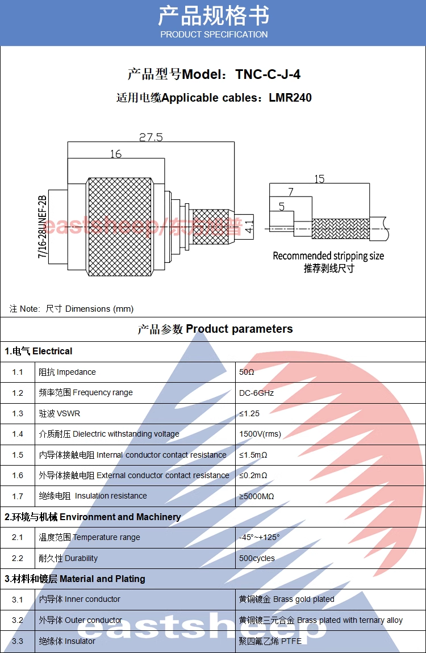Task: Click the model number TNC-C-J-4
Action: coord(268,74)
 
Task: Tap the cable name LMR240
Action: coord(290,98)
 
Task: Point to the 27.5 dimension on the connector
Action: coord(151,137)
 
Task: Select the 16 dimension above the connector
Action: coord(116,154)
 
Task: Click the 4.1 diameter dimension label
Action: coord(250,225)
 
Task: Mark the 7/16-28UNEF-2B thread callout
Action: coord(42,227)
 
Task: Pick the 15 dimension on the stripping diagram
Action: coord(319,179)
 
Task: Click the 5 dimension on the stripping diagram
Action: coord(282,207)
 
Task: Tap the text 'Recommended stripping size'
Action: coord(328,256)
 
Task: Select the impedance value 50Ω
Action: coord(247,372)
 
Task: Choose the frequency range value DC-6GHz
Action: coord(257,393)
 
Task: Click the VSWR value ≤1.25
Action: coord(249,413)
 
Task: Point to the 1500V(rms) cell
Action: coord(260,434)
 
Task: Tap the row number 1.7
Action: coord(18,496)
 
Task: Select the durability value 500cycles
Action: coord(257,558)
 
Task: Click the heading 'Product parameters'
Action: coord(239,329)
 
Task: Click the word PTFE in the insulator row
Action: coord(291,641)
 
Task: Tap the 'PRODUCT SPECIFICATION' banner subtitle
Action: coord(214,35)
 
